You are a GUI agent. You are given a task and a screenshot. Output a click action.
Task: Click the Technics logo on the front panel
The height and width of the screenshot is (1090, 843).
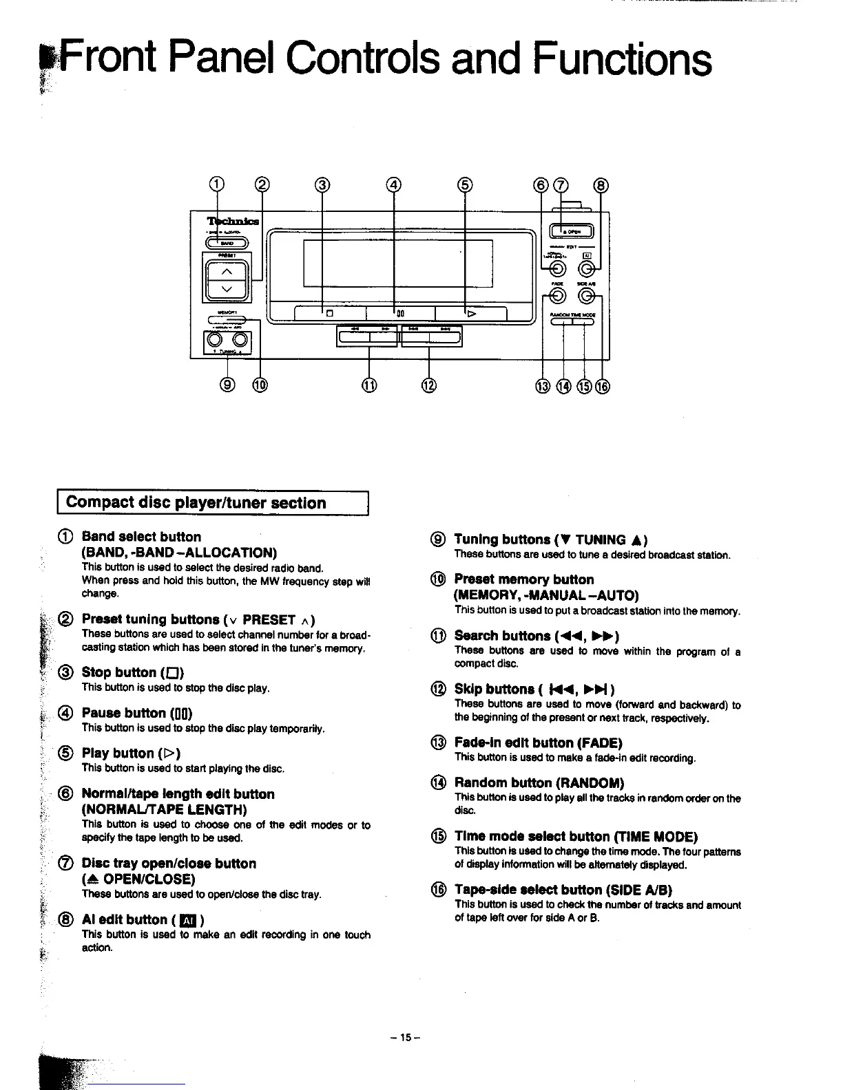[x=233, y=222]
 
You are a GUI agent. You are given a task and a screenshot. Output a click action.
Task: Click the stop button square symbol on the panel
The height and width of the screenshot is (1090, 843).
[x=329, y=314]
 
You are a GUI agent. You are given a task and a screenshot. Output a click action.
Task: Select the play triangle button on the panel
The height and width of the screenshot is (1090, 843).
[x=471, y=314]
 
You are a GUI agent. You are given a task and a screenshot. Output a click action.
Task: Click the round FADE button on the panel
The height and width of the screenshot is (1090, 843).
[x=557, y=296]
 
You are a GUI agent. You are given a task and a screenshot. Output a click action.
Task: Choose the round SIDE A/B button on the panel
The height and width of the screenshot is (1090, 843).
[x=586, y=296]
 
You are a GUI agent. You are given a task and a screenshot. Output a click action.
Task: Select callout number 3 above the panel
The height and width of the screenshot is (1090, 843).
[x=322, y=184]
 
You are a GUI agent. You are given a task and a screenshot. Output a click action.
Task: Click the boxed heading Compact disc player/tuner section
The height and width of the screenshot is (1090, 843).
[x=196, y=503]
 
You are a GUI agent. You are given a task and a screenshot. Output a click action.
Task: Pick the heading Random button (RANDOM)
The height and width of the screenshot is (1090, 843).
[x=539, y=782]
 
